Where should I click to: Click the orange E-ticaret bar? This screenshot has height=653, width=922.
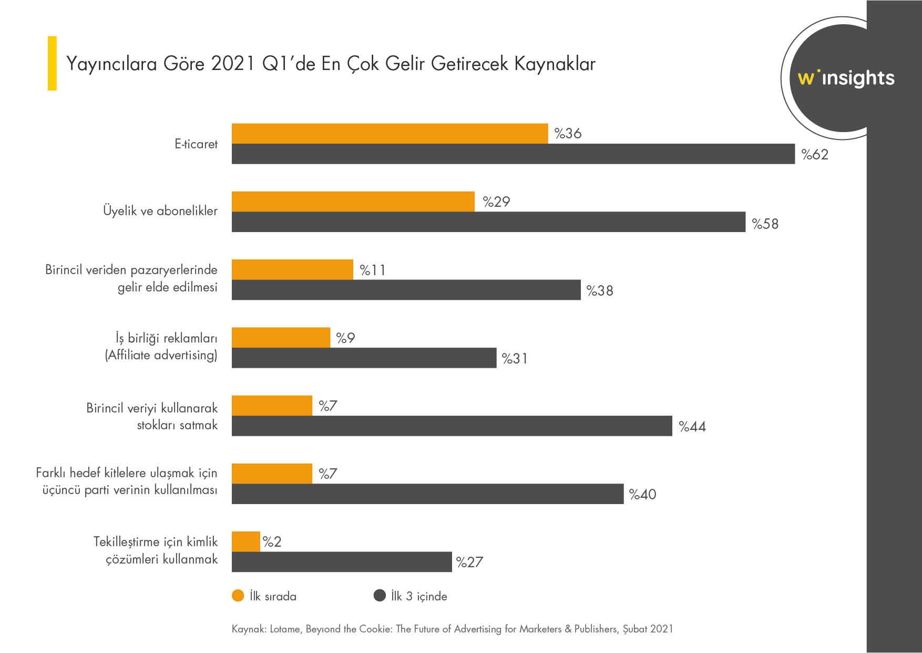tap(390, 134)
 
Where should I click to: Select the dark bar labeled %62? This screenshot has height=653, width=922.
tap(513, 154)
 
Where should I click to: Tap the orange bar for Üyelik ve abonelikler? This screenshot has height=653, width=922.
tap(353, 202)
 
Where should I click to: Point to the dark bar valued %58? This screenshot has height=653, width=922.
tap(488, 222)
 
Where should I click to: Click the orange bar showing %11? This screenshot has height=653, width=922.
tap(292, 269)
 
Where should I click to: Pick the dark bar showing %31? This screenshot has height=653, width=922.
tap(364, 358)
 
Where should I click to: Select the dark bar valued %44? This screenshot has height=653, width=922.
tap(452, 426)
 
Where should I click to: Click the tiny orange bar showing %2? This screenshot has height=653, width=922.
tap(246, 541)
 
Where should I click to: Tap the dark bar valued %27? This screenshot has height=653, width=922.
tap(342, 562)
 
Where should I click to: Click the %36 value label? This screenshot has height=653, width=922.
tap(568, 134)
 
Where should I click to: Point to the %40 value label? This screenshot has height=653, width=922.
tap(642, 495)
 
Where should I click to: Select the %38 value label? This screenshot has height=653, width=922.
tap(600, 291)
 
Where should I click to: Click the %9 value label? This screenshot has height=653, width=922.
tap(345, 338)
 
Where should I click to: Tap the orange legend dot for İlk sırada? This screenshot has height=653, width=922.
tap(238, 596)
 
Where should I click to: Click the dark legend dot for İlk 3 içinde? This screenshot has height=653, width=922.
tap(380, 596)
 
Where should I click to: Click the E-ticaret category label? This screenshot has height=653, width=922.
tap(196, 144)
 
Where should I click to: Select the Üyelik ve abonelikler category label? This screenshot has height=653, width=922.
tap(160, 211)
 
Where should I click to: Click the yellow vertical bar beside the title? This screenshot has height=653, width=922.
tap(52, 63)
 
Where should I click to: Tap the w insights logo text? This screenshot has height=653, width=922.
tap(846, 78)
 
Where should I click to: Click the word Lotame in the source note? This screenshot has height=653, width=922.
tap(285, 629)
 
